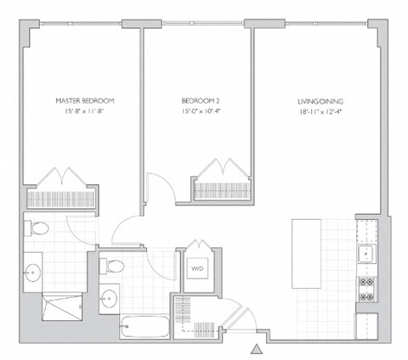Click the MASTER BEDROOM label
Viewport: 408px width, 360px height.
click(84, 100)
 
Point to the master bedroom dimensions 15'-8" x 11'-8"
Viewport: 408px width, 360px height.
click(84, 111)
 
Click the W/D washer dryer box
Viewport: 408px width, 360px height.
click(197, 268)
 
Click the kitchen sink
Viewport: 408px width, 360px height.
click(368, 252)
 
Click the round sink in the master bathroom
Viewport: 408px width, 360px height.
click(34, 272)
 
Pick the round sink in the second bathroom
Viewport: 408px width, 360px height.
click(109, 299)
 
